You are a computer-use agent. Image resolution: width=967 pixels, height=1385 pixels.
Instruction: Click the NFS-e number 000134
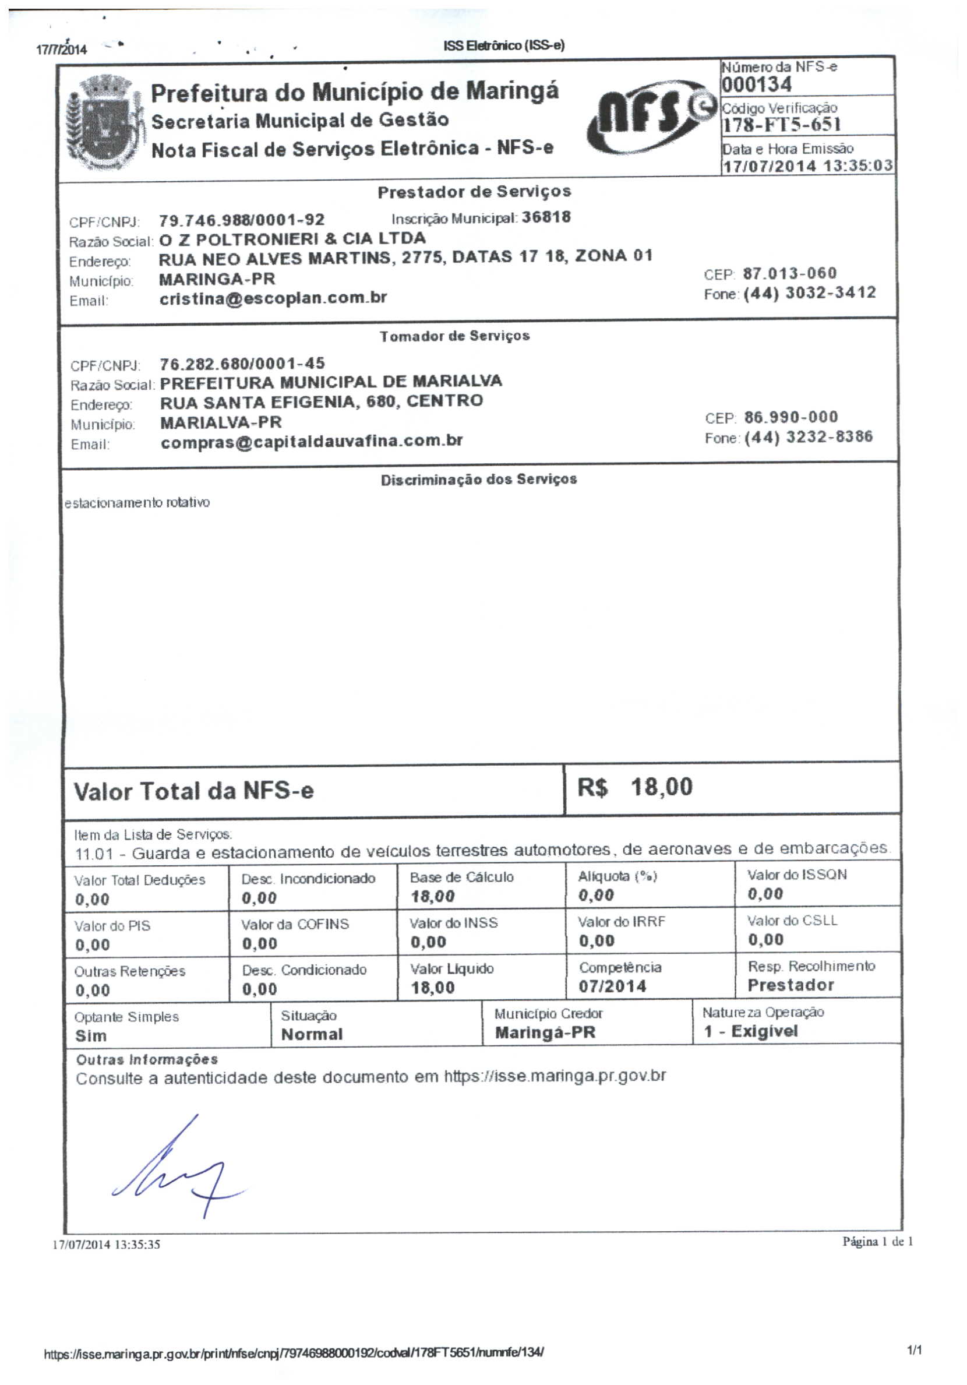(x=757, y=84)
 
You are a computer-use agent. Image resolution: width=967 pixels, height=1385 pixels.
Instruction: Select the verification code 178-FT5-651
(x=781, y=125)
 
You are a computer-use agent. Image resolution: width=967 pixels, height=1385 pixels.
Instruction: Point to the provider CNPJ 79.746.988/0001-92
(x=242, y=220)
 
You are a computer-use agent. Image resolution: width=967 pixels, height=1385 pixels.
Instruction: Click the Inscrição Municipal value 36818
(x=546, y=217)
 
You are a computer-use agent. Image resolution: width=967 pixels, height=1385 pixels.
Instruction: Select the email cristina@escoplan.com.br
(x=273, y=298)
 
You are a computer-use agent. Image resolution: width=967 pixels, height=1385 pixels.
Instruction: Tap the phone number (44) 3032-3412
(x=809, y=293)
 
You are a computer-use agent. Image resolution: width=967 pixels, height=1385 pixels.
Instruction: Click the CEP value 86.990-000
(x=791, y=417)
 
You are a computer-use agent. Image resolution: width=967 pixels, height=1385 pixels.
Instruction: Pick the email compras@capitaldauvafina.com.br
(x=311, y=442)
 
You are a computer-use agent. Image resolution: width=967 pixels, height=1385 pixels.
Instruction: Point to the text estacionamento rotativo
(x=137, y=502)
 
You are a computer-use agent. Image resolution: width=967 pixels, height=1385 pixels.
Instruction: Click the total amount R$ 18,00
(x=634, y=787)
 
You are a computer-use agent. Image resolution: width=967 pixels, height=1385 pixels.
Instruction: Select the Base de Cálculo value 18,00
(x=432, y=896)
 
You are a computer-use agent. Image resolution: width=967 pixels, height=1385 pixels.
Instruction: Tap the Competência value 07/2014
(x=612, y=986)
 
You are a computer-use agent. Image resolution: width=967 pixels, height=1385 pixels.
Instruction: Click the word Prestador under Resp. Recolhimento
(x=790, y=985)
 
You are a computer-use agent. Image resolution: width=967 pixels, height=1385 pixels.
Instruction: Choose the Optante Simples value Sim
(x=90, y=1036)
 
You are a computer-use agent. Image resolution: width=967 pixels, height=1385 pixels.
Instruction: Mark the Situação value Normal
(x=311, y=1035)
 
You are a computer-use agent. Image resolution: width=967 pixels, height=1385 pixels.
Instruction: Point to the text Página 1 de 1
(x=877, y=1241)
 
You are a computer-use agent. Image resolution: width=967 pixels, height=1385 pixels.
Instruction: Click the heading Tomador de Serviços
(x=454, y=336)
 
